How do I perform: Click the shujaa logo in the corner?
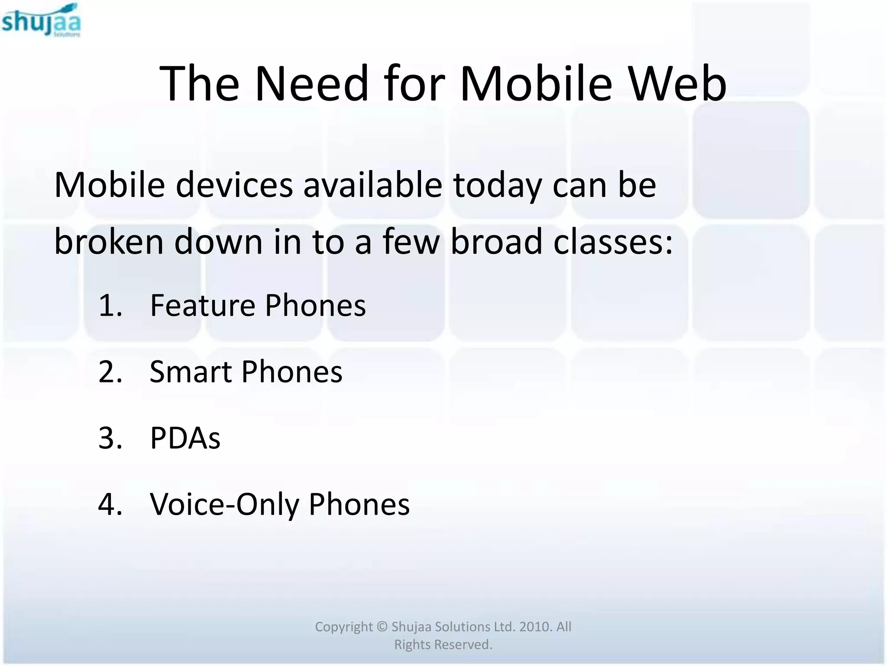pos(41,20)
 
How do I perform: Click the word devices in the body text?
pos(234,185)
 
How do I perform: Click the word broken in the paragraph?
pos(109,242)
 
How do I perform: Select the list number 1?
pos(110,305)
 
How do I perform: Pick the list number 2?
pos(110,372)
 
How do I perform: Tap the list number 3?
pos(110,438)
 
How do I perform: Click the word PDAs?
pos(185,438)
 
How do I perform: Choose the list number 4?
pos(110,504)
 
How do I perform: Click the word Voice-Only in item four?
pos(224,504)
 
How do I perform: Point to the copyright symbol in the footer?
pos(382,627)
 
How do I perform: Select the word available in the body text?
pos(372,185)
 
